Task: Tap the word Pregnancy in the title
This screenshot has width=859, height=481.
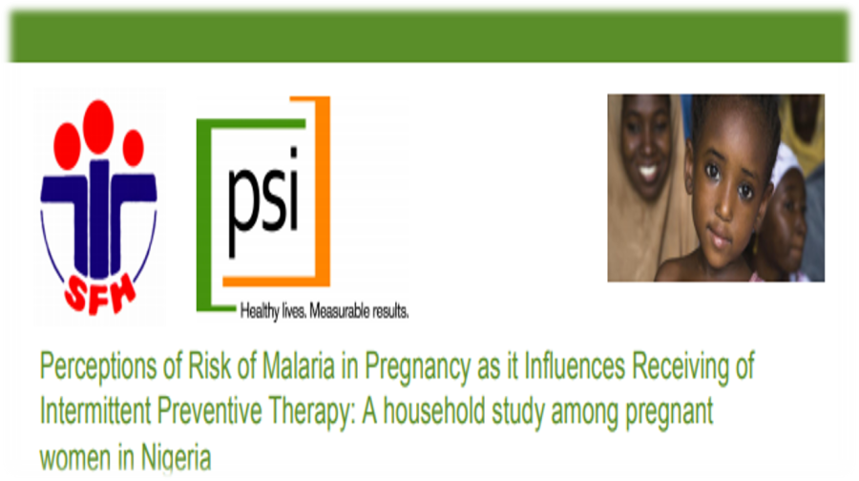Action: [417, 368]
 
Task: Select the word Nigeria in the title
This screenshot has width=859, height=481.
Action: [176, 457]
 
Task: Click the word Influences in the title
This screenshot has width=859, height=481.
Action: [575, 366]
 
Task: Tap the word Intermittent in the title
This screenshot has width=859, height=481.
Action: [95, 411]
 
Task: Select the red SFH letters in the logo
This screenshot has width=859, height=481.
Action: [100, 295]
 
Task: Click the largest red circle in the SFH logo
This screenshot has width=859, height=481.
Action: [98, 127]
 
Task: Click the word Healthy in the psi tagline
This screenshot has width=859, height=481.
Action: [260, 312]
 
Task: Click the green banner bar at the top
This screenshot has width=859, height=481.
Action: [429, 36]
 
